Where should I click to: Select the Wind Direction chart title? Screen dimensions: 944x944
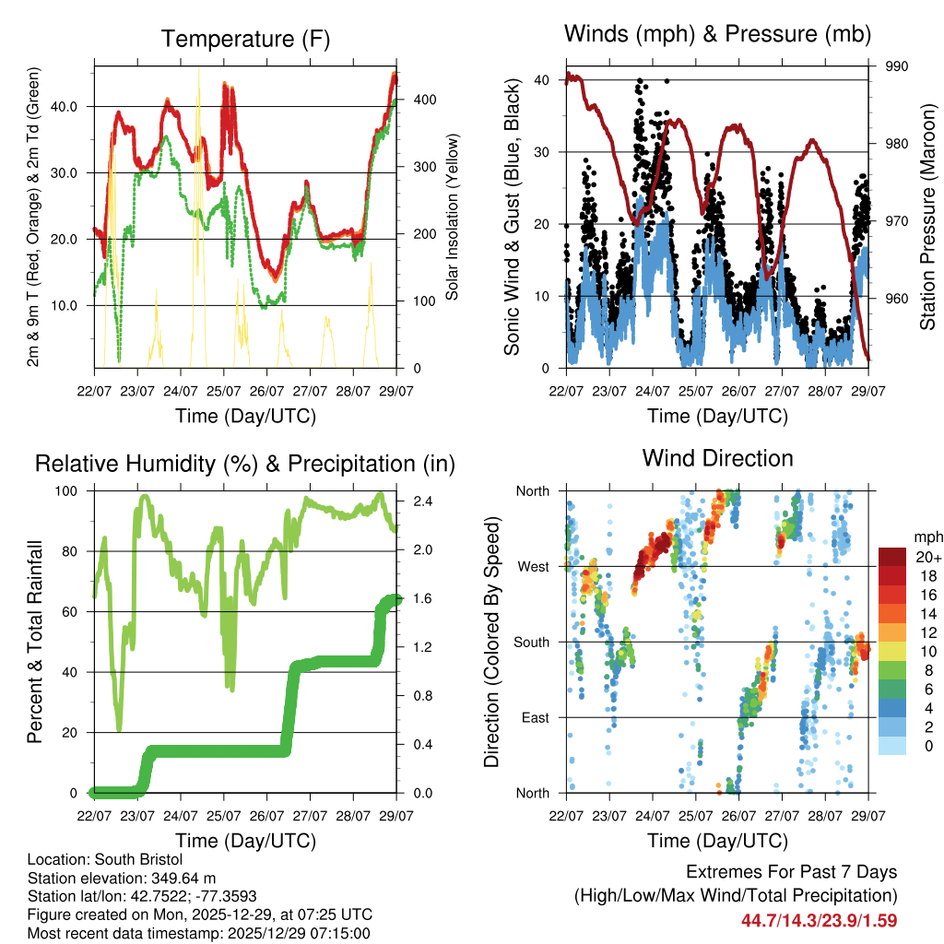tap(717, 457)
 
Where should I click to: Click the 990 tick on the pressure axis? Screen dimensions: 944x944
tap(897, 66)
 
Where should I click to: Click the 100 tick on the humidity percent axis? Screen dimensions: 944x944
tap(69, 490)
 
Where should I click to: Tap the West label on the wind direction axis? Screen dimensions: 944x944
tap(534, 566)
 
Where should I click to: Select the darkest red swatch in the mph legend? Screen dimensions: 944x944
tap(891, 556)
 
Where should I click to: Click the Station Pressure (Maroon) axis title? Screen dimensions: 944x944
tap(927, 217)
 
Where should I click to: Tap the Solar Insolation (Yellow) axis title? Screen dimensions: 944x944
tap(453, 217)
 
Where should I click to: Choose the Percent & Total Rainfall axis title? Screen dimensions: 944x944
tap(34, 642)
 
